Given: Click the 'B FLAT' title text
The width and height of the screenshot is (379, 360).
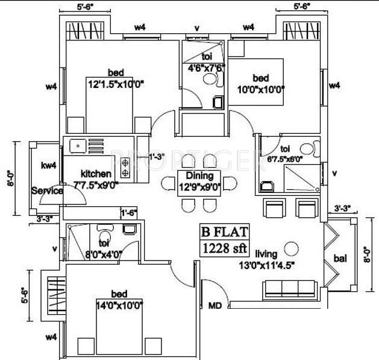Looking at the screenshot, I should coord(224,231).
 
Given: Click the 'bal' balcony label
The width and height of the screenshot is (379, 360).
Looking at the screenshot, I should coord(340,259).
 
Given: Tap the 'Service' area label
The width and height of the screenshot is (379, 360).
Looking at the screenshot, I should coord(48,191).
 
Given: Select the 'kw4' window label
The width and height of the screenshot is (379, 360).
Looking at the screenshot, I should coord(48,165).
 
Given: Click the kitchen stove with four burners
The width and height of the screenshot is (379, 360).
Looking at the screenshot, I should coord(125,166).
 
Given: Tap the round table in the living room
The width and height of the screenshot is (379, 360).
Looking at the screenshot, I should coord(291,247).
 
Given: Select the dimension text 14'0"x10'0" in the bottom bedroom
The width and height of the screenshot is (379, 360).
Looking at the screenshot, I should coord(119,305).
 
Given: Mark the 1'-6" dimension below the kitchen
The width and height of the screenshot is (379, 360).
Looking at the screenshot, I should coord(129,213).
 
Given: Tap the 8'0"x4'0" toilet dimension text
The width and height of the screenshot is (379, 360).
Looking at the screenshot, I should coord(104,254).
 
